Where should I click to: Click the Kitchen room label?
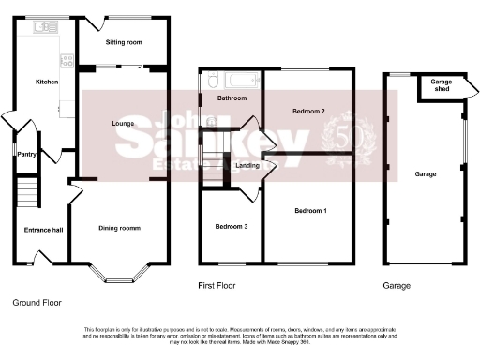(47, 82)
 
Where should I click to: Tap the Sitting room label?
(123, 43)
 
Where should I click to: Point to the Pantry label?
(26, 156)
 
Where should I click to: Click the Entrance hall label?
(43, 229)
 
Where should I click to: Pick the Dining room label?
(120, 229)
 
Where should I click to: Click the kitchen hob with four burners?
(67, 61)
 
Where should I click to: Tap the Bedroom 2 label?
(308, 112)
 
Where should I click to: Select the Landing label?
(248, 166)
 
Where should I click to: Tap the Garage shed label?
(441, 85)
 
